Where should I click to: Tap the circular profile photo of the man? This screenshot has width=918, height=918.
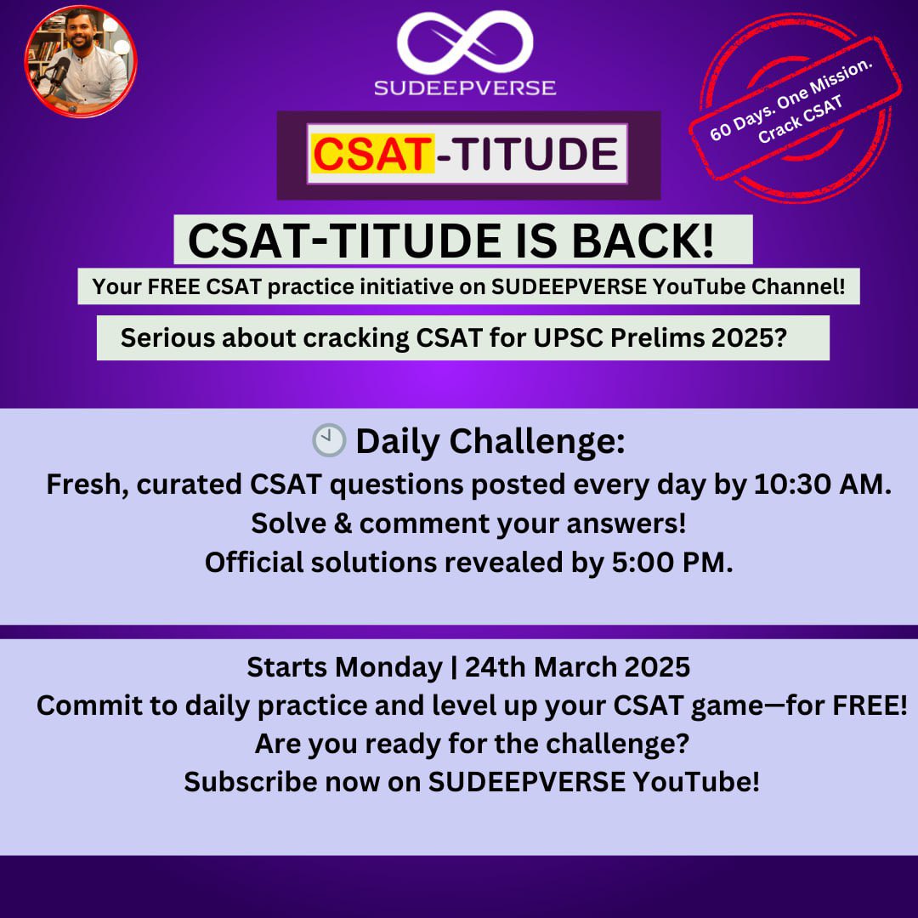pos(81,60)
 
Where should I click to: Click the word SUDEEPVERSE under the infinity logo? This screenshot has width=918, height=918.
pos(465,87)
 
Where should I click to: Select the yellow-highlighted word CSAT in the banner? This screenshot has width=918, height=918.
pos(371,155)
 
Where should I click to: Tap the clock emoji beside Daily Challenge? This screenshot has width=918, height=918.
pos(329,440)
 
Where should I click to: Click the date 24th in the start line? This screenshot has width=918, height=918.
pos(489,667)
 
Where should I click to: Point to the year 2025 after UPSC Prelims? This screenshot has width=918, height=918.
pos(740,338)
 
